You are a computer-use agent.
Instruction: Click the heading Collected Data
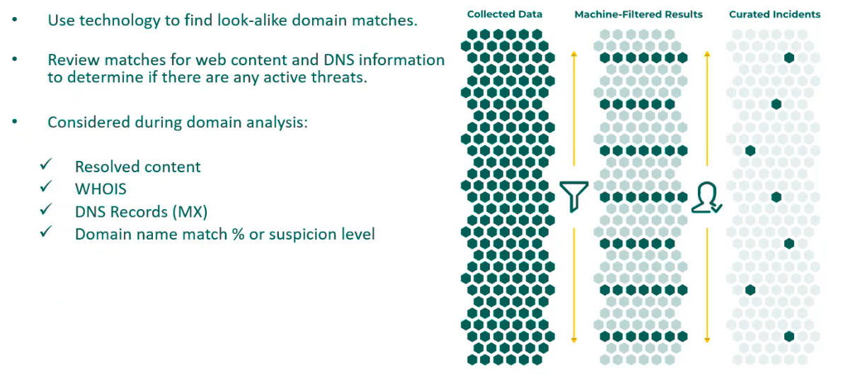click(x=505, y=14)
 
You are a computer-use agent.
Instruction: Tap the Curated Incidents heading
click(x=775, y=14)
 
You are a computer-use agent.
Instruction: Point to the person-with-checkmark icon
click(x=706, y=198)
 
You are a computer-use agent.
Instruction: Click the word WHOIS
click(x=101, y=189)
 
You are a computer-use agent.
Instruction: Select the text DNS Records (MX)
click(x=142, y=211)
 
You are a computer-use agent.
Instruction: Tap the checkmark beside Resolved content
click(x=47, y=164)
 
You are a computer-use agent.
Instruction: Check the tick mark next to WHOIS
click(x=47, y=187)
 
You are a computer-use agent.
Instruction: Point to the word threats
click(x=343, y=78)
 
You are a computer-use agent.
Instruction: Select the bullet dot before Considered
click(x=16, y=122)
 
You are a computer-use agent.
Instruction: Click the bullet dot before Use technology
click(x=16, y=20)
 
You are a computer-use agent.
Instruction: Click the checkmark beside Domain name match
click(x=47, y=231)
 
